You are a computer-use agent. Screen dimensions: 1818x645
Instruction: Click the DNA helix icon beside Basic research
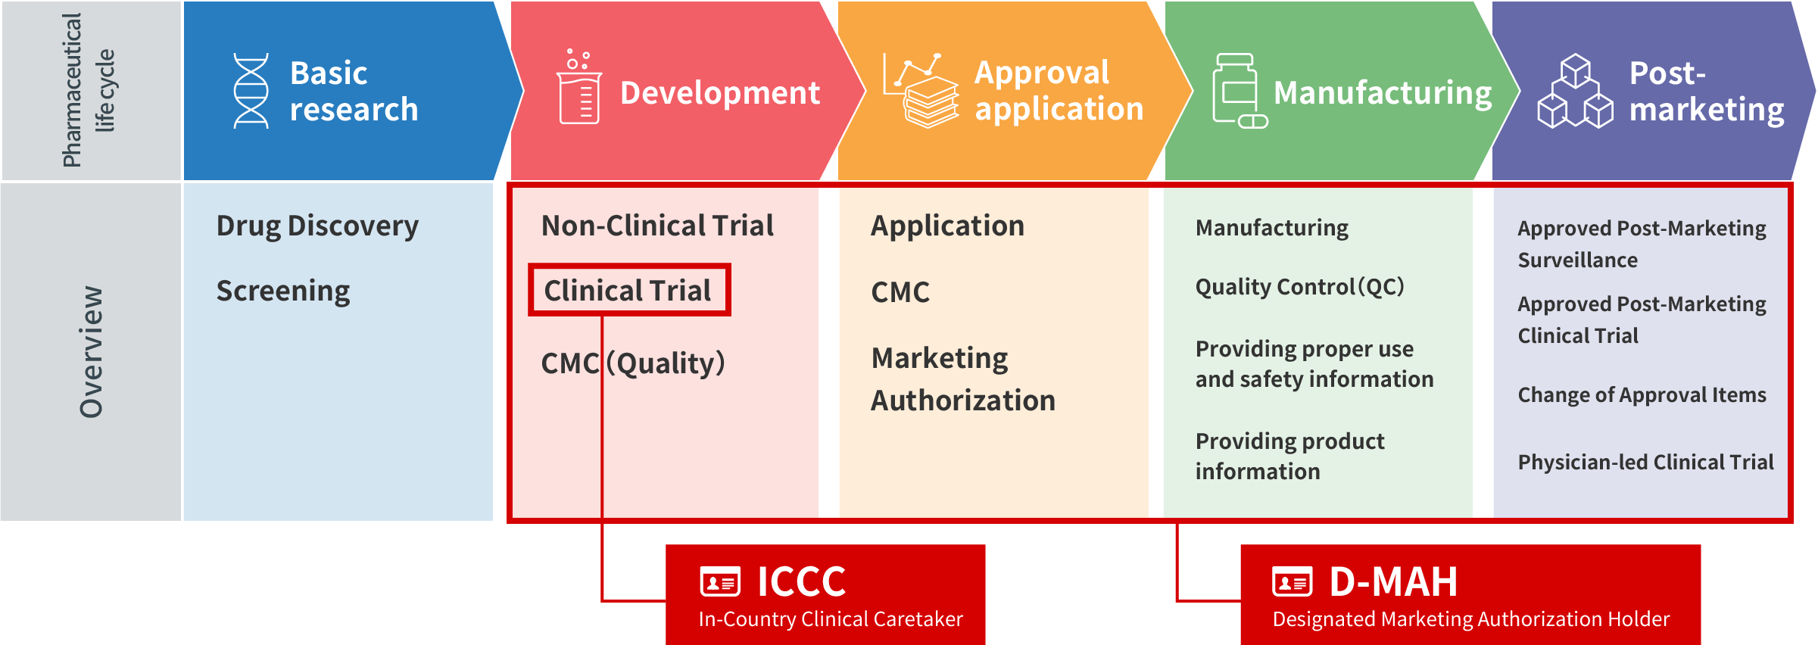[x=251, y=91]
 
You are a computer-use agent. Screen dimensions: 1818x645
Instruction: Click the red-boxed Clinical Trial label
[x=628, y=290]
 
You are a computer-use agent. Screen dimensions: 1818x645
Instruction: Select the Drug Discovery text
[x=317, y=226]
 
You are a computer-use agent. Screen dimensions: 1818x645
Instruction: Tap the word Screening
[x=283, y=291]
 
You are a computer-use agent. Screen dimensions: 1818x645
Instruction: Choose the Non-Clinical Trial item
[x=657, y=226]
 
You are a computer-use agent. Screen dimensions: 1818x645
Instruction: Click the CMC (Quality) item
[x=633, y=363]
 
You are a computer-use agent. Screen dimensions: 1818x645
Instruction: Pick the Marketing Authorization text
[x=963, y=379]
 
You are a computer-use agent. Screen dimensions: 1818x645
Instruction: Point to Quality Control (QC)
[x=1299, y=287]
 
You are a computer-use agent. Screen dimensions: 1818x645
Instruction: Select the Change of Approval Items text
[x=1642, y=395]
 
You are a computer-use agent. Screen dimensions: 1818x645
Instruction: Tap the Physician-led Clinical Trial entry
[x=1645, y=462]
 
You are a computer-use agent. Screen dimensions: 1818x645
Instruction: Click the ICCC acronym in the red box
[x=801, y=581]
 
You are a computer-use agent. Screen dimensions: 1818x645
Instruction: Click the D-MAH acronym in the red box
[x=1393, y=581]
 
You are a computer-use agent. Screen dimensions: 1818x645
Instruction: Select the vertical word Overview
[x=91, y=351]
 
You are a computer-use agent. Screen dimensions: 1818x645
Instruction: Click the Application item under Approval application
[x=947, y=226]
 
